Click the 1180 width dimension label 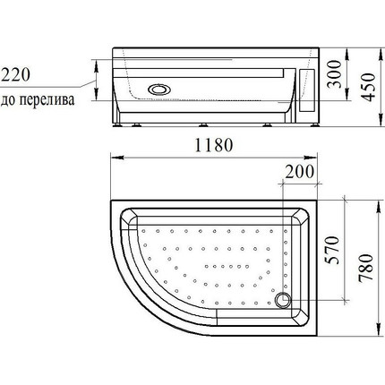[x=214, y=145]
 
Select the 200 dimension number [x=299, y=172]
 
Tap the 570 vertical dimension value [x=332, y=250]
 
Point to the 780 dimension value [x=366, y=269]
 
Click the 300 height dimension [x=334, y=74]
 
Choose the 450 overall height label [x=368, y=87]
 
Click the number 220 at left [x=15, y=74]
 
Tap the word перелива [x=47, y=99]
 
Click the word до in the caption [x=8, y=100]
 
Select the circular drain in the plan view [x=282, y=300]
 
